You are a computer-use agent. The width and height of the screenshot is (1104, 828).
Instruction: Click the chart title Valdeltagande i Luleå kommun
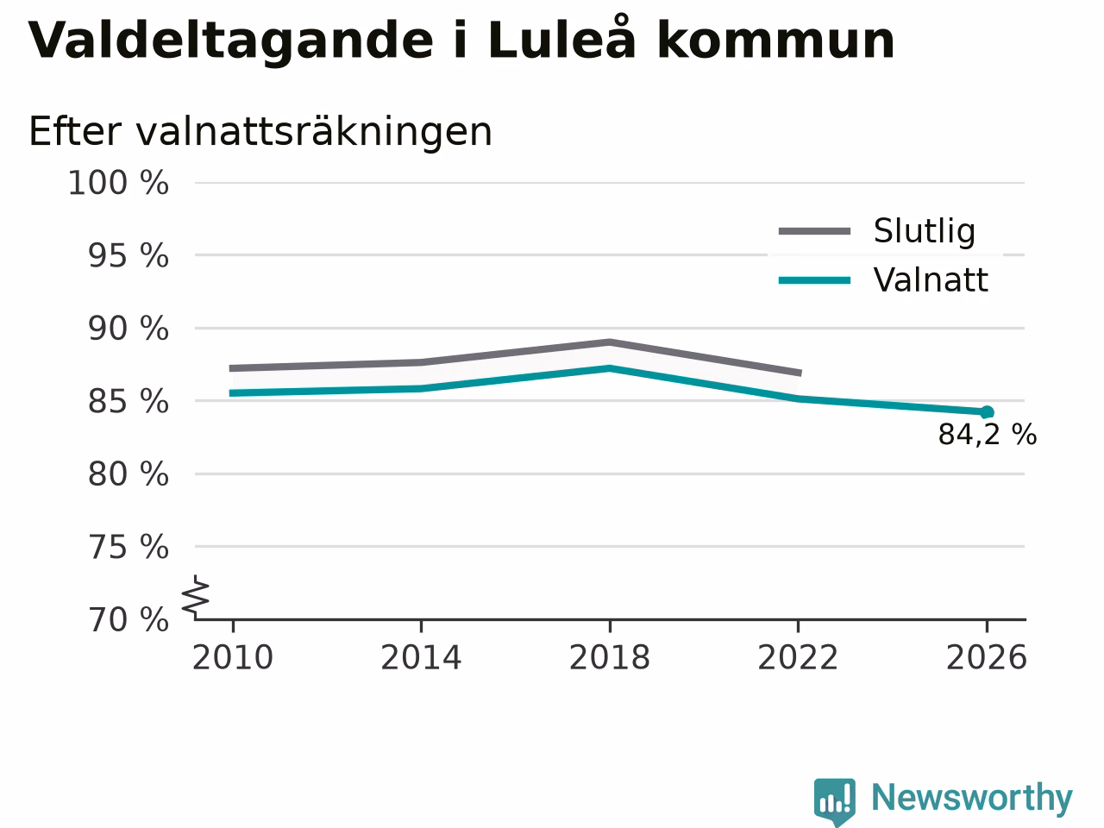(x=461, y=41)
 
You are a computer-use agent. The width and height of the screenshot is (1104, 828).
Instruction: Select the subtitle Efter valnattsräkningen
(x=260, y=132)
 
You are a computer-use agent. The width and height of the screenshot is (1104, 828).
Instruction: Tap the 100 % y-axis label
(x=118, y=183)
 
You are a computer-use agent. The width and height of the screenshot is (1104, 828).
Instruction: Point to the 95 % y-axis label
(x=129, y=256)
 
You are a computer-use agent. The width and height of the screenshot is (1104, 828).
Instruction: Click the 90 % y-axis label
(x=129, y=329)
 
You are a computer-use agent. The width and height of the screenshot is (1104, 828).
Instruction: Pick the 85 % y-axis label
(x=129, y=402)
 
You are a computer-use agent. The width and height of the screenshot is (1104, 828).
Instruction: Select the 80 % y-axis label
(x=129, y=474)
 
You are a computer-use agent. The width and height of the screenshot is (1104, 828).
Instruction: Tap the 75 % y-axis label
(x=129, y=547)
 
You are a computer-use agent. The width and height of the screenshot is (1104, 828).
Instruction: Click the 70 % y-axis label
(x=129, y=620)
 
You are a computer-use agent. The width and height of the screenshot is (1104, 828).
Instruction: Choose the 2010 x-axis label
(x=232, y=657)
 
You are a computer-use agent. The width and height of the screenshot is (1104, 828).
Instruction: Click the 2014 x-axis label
(x=421, y=657)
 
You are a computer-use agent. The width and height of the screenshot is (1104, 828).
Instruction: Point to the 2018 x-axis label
(x=610, y=657)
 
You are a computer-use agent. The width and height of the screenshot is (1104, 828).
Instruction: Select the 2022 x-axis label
(x=798, y=657)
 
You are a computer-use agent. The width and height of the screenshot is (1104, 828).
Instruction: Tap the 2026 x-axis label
(x=987, y=657)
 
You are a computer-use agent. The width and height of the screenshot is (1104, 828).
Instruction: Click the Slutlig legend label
(x=925, y=231)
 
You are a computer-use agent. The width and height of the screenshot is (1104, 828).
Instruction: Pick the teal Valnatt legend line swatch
(x=814, y=280)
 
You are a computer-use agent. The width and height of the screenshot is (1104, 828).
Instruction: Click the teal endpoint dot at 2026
(x=987, y=413)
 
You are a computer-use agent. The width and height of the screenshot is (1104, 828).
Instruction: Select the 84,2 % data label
(x=988, y=435)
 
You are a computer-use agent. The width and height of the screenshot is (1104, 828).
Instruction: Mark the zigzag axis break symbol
(x=195, y=596)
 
